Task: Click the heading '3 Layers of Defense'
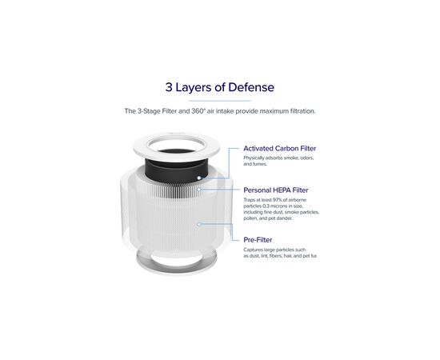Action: click(220, 87)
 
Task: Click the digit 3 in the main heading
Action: click(169, 87)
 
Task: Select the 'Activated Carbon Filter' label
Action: click(279, 149)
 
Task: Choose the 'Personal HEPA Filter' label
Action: click(276, 190)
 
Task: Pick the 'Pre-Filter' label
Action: click(258, 240)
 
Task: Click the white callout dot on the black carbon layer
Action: click(198, 178)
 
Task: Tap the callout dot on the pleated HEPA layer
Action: click(198, 190)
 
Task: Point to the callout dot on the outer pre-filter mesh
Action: click(198, 224)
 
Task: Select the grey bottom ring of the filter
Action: click(177, 266)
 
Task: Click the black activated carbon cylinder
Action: click(177, 171)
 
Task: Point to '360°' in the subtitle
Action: click(198, 111)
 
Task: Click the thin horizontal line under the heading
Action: click(220, 101)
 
